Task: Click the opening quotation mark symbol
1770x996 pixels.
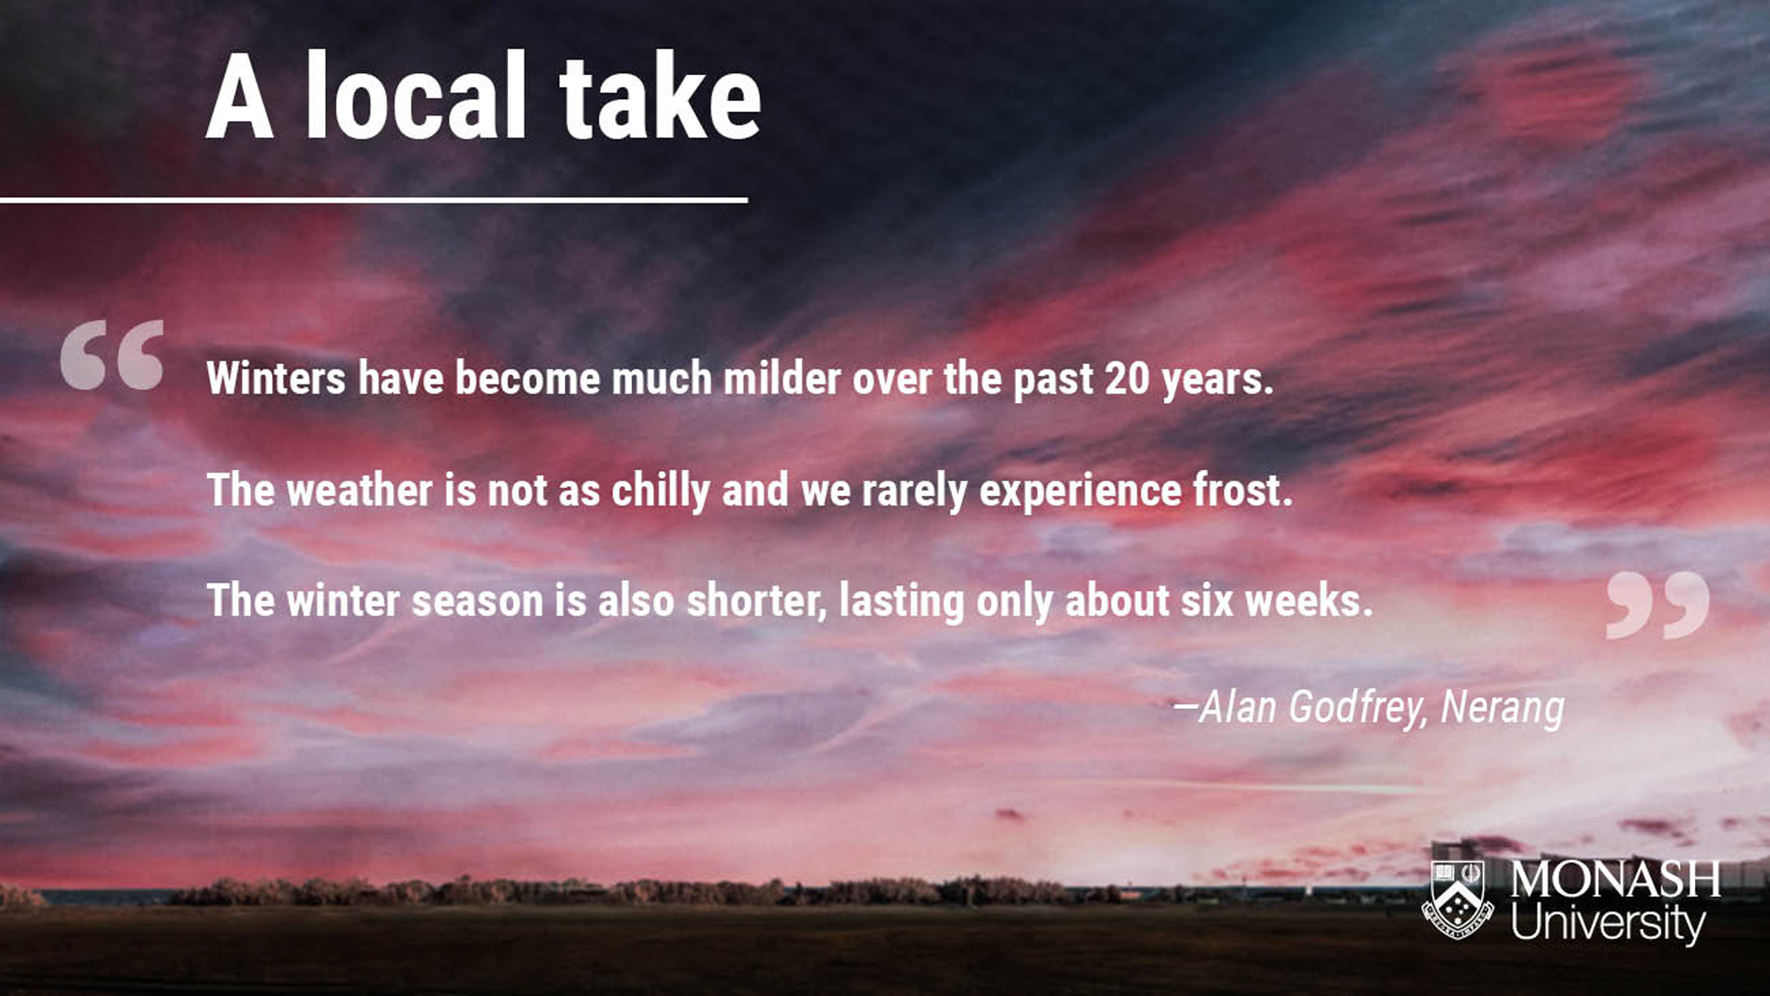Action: [112, 354]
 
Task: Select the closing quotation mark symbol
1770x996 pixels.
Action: [1657, 605]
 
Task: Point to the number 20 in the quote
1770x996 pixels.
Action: [1127, 378]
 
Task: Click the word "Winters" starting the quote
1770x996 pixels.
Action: [276, 378]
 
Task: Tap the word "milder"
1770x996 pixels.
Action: [782, 378]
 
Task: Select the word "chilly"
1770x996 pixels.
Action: [661, 491]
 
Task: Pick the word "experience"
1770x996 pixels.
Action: [1080, 491]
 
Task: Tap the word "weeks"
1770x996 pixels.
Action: [1308, 601]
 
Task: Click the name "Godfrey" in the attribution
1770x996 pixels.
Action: [1358, 708]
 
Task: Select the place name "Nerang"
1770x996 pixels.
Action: [1502, 708]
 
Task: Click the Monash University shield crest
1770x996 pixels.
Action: [1458, 899]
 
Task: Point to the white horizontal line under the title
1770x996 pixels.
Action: [374, 200]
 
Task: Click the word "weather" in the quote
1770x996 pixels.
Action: [360, 490]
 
